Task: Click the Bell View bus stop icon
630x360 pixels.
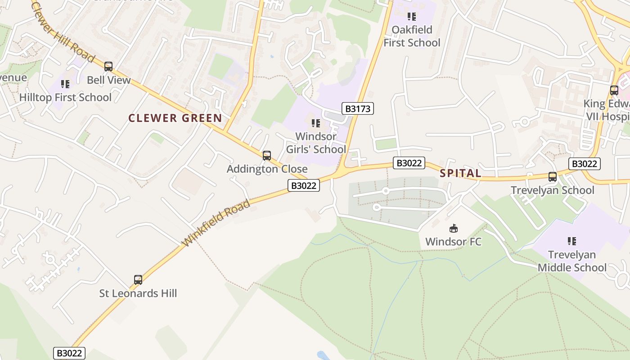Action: coord(108,67)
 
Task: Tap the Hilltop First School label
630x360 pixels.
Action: coord(65,97)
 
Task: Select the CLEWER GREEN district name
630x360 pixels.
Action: coord(175,118)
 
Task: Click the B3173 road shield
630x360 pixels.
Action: coord(358,108)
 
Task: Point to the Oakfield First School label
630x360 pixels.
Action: coord(412,36)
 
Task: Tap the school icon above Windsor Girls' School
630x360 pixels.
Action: coord(316,123)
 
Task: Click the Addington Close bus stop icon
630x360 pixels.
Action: coord(267,156)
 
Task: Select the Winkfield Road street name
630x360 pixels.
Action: coord(216,224)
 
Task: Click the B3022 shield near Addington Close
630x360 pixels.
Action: coord(304,185)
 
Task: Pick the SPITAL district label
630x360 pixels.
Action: coord(460,173)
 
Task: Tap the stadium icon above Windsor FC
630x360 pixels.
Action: coord(454,229)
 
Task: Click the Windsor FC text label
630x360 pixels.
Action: coord(453,242)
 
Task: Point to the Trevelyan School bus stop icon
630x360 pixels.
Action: coord(553,177)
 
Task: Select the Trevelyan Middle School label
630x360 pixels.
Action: coord(572,261)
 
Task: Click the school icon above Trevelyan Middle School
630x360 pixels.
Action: coord(572,241)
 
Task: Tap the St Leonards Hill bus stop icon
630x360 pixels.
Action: coord(138,280)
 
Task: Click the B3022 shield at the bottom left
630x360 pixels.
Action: coord(69,353)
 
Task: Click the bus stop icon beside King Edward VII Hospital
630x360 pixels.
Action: coord(614,90)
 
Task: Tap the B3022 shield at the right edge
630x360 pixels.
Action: coord(584,164)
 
